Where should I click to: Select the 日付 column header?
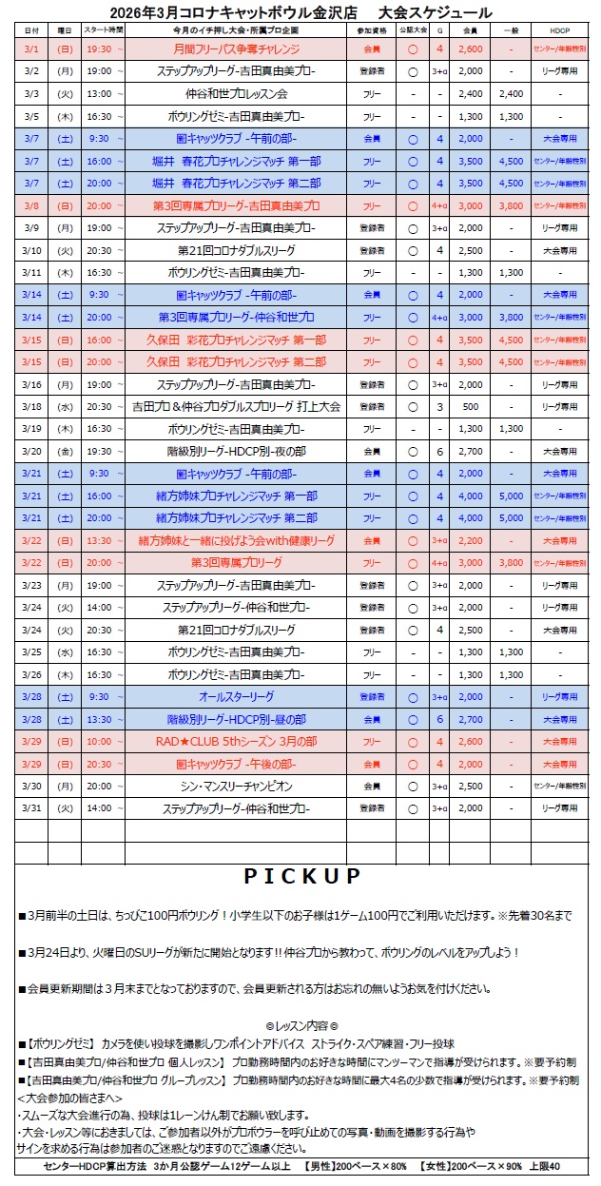(x=31, y=31)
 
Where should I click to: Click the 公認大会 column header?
(x=412, y=31)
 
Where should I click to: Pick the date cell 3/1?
(x=31, y=49)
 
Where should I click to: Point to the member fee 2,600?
(x=470, y=49)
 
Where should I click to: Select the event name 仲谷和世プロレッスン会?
(x=236, y=93)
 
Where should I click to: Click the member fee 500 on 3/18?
(x=470, y=406)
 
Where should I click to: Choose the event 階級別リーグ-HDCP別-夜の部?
(x=236, y=451)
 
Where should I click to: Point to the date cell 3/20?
(x=31, y=451)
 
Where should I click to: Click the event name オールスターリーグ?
(x=236, y=697)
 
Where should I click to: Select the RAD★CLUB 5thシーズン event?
(x=236, y=742)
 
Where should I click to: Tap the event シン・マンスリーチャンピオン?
(x=236, y=787)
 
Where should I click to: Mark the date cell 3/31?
(x=31, y=808)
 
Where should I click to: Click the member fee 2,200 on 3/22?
(x=470, y=540)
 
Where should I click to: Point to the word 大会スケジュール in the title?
(x=434, y=12)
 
